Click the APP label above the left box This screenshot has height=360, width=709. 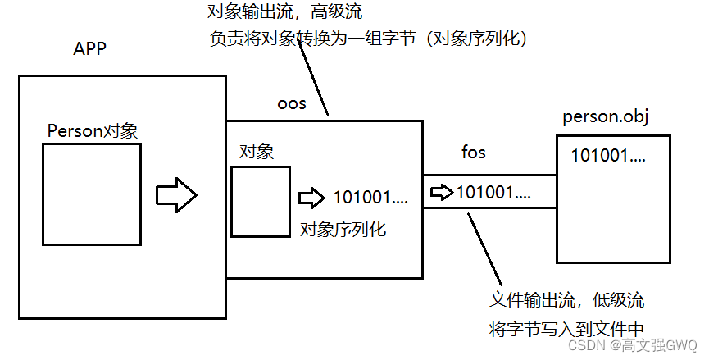point(90,50)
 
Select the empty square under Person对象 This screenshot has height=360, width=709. point(92,194)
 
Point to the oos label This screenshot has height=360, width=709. point(292,104)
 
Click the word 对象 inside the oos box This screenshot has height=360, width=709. point(257,152)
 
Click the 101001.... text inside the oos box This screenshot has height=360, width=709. point(370,198)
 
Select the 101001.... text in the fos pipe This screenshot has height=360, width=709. point(493,193)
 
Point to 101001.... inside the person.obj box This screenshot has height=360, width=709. point(608,154)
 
